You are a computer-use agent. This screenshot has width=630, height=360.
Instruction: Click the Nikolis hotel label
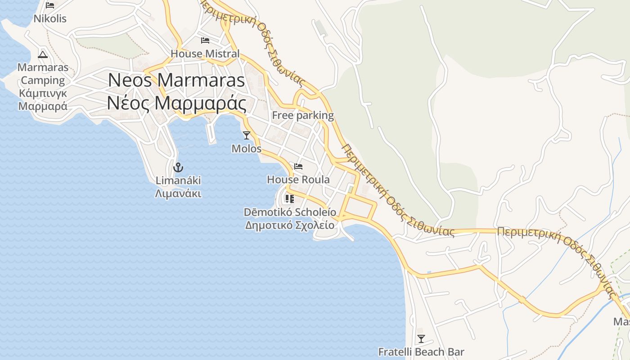tap(50, 18)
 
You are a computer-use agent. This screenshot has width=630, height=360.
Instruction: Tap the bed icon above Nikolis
tap(50, 5)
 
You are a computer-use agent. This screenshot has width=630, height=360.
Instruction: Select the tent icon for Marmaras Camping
tap(43, 54)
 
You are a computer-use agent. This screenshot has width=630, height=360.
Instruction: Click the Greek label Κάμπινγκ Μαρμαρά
tap(43, 100)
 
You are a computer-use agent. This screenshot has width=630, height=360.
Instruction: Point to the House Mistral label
tap(205, 54)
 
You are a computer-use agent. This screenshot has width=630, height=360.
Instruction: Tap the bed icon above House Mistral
tap(205, 40)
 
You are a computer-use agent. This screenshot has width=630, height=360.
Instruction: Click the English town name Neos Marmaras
tap(176, 80)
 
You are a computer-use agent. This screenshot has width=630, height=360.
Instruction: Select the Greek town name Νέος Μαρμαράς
tap(176, 103)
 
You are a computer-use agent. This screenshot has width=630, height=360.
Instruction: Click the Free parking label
tap(303, 115)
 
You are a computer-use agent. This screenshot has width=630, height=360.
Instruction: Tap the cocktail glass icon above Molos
tap(246, 135)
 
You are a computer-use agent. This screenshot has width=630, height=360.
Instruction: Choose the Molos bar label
tap(246, 148)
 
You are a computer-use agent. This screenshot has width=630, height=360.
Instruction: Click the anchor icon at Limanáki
tap(178, 167)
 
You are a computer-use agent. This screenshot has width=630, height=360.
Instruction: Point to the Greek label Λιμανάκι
tap(178, 194)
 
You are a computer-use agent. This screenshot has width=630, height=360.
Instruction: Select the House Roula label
tap(298, 180)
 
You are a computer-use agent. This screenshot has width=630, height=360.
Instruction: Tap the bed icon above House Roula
tap(298, 166)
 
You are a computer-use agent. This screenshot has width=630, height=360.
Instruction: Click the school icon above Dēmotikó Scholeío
tap(289, 198)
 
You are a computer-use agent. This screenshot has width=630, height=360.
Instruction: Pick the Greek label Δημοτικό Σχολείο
tap(290, 225)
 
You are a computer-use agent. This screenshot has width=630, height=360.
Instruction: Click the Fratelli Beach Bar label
tap(421, 352)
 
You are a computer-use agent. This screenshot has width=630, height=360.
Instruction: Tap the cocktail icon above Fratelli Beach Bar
tap(421, 338)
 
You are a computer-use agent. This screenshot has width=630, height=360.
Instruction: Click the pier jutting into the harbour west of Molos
tap(211, 133)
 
